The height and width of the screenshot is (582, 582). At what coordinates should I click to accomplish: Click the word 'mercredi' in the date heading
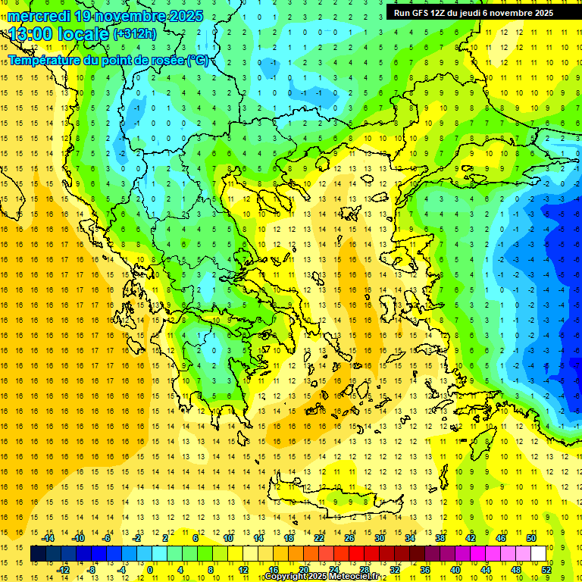[38, 16]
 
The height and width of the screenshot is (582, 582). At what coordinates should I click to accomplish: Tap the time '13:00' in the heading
[32, 34]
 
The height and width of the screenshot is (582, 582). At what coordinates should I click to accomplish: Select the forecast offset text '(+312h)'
[134, 33]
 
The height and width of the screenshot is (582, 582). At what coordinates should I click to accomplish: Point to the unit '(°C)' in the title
[198, 60]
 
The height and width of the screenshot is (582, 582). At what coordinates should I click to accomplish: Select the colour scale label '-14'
[48, 538]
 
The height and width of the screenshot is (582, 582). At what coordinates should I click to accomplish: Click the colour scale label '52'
[546, 569]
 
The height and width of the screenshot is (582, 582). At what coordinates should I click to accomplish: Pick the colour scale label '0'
[150, 569]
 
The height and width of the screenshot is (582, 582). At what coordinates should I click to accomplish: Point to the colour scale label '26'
[349, 538]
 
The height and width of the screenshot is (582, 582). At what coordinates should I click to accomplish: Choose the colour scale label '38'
[440, 538]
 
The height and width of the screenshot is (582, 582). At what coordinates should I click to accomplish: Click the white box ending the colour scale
[539, 554]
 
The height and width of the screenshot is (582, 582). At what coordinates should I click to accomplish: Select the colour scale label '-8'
[92, 569]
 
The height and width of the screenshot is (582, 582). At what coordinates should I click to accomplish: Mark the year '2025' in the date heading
[183, 16]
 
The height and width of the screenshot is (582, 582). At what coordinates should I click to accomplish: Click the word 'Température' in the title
[45, 60]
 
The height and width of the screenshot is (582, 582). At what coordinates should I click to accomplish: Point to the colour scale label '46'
[501, 538]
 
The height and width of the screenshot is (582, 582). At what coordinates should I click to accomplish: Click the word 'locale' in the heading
[84, 34]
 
